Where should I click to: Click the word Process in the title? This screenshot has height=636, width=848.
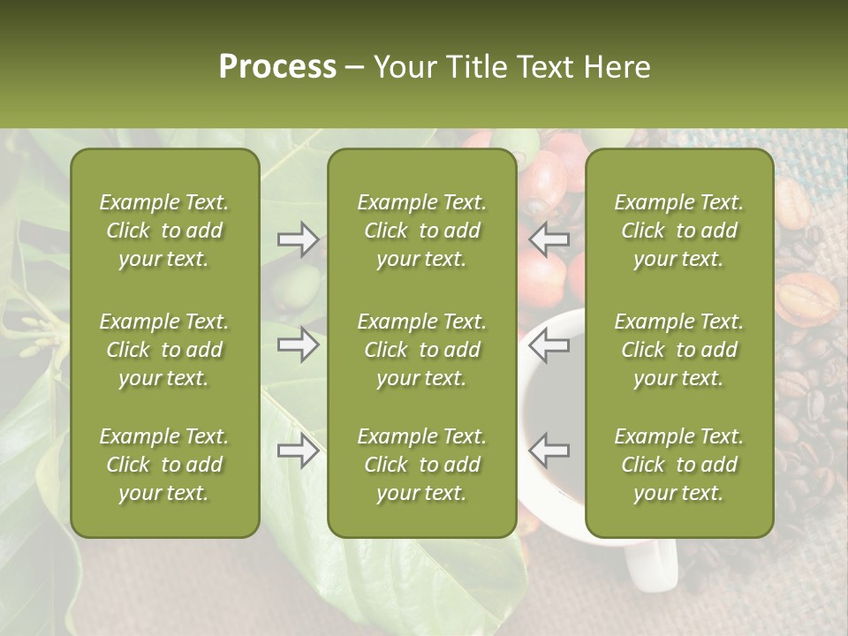[x=277, y=67]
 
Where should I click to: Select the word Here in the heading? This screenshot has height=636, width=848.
[x=617, y=67]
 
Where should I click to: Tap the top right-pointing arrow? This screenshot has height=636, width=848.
[x=298, y=239]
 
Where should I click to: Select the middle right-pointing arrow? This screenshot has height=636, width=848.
[x=298, y=344]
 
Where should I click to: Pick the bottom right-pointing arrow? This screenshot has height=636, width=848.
[x=298, y=451]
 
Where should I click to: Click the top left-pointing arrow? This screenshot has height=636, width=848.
[x=549, y=238]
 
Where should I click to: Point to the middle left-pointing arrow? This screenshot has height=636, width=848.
[x=549, y=344]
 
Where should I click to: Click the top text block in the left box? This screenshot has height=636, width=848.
[x=164, y=231]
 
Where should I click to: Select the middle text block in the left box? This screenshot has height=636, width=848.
[x=164, y=350]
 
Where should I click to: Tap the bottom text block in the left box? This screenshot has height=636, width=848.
[x=164, y=465]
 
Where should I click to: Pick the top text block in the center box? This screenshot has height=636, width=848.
[x=422, y=231]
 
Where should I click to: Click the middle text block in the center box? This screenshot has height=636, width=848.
[x=422, y=350]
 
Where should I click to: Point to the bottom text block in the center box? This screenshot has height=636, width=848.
[x=422, y=465]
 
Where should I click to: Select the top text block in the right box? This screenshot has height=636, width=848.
[x=679, y=231]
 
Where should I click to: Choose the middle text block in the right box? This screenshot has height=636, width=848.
[x=679, y=350]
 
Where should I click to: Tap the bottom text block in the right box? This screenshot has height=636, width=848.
[x=679, y=465]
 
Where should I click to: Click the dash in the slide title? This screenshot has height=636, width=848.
[x=355, y=68]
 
